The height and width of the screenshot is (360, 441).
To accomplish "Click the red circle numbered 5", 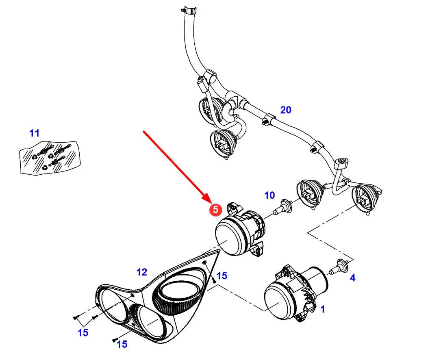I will click(x=215, y=210).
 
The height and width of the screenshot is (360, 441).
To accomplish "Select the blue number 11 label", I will click(x=35, y=133).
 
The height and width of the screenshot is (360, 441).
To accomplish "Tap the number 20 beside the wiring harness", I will click(x=286, y=110).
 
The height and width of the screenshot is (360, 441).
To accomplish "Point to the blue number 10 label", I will click(x=269, y=195).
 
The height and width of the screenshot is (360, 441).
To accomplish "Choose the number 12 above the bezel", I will click(x=142, y=272).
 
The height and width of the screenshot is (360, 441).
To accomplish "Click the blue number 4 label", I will click(x=353, y=278).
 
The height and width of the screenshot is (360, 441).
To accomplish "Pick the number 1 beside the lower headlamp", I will click(x=323, y=309).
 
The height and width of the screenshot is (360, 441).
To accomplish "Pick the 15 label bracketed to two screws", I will click(x=83, y=333).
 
